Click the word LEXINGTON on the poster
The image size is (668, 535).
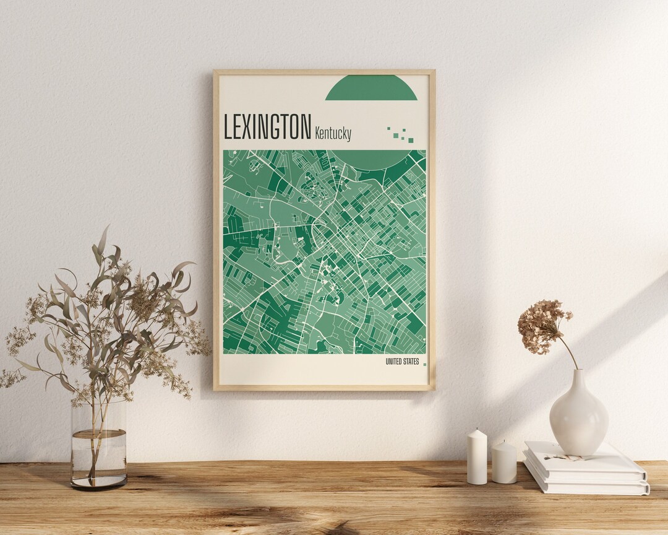pos(267,127)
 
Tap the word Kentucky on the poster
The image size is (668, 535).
pos(333,133)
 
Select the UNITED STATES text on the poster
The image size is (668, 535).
pos(401,362)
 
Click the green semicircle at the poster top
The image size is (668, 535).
pos(371,89)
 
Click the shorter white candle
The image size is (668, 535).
pos(504,463)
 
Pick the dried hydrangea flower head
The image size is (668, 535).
pos(542,325)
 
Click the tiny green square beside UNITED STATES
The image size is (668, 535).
pos(424,364)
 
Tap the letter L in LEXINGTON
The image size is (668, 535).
pos(228,127)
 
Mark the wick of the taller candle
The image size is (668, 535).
pos(477,430)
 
